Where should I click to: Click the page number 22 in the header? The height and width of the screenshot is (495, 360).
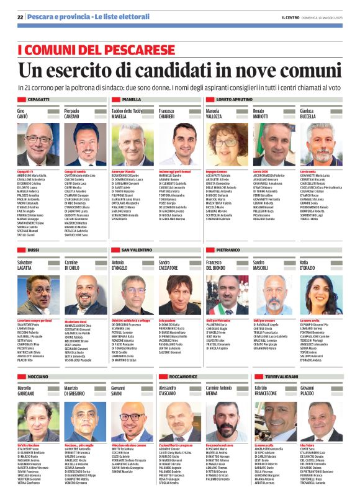point(20,17)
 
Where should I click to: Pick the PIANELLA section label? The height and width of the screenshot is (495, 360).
point(131,99)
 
